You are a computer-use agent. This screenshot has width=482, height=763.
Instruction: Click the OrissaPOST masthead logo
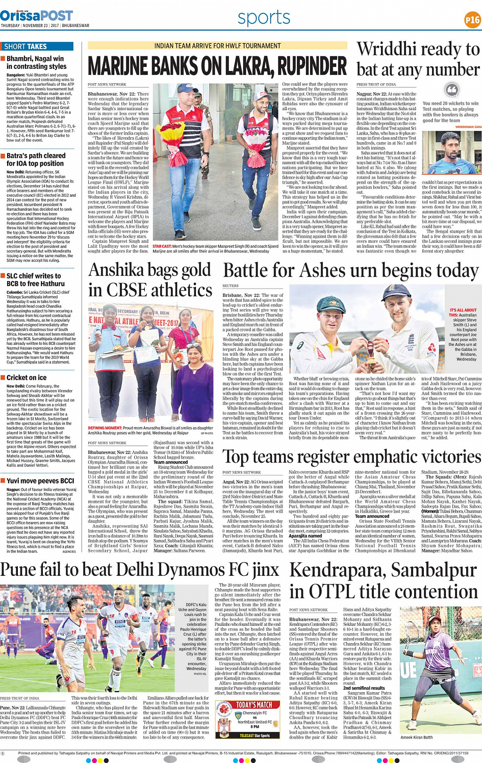(x=37, y=15)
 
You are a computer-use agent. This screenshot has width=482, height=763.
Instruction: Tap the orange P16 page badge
(x=472, y=20)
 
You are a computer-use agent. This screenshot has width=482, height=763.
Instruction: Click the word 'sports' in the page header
(x=264, y=18)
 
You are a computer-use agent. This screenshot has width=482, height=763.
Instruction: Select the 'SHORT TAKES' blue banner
(x=37, y=46)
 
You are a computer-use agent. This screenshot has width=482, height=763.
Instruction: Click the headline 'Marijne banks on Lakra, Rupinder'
(x=217, y=66)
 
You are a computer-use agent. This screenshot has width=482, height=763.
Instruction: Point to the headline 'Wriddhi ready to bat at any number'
(x=418, y=59)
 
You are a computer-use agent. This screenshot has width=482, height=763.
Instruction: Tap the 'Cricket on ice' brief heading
(x=27, y=377)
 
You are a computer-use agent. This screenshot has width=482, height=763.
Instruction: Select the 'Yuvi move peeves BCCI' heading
(x=40, y=480)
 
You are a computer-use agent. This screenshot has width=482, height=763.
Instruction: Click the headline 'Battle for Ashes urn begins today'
(x=351, y=270)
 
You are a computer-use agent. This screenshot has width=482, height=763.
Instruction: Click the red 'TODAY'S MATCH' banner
(x=254, y=705)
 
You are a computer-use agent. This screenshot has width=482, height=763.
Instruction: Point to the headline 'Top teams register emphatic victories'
(x=351, y=456)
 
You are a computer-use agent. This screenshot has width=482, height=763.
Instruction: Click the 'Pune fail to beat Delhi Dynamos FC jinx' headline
(x=140, y=569)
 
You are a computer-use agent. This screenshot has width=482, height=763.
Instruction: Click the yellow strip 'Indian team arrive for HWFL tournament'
(x=217, y=46)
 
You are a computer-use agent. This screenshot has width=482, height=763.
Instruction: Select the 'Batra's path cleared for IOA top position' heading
(x=36, y=160)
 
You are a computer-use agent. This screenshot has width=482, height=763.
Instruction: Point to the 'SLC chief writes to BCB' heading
(x=34, y=279)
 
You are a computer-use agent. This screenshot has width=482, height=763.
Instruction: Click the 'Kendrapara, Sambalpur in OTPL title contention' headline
(x=384, y=580)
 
